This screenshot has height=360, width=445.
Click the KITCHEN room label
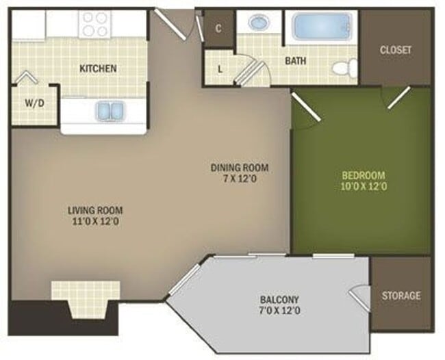98,68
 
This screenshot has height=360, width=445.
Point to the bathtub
322,28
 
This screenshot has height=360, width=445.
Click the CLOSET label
395,49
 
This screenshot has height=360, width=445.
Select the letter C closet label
218,28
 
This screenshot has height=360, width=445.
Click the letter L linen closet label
220,68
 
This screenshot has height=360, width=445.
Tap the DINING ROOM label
239,168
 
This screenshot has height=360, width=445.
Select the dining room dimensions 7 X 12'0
239,179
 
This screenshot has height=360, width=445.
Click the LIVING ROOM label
95,210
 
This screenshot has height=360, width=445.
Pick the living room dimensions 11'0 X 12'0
95,222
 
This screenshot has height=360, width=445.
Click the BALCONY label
279,299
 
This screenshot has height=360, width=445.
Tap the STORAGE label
400,296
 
